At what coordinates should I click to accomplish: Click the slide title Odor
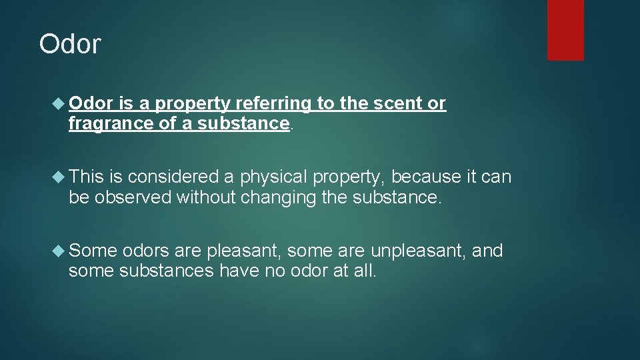tap(70, 44)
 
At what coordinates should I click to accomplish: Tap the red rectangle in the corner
tap(565, 30)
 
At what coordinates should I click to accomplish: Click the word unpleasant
tap(419, 251)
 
